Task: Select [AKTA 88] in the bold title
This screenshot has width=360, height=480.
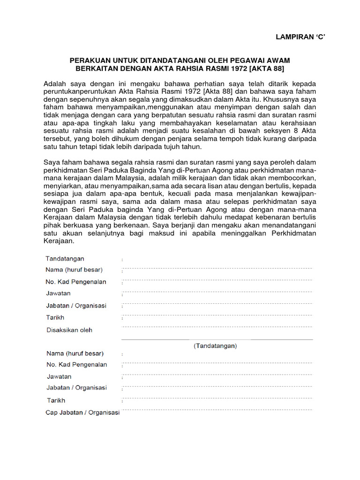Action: [269, 68]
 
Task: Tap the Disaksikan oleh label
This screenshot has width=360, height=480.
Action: [69, 330]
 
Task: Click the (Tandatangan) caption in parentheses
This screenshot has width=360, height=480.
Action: [216, 346]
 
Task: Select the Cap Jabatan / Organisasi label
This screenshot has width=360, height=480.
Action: [82, 413]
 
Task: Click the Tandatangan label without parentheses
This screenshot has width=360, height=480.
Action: [65, 258]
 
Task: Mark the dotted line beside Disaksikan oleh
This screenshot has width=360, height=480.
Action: [217, 327]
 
